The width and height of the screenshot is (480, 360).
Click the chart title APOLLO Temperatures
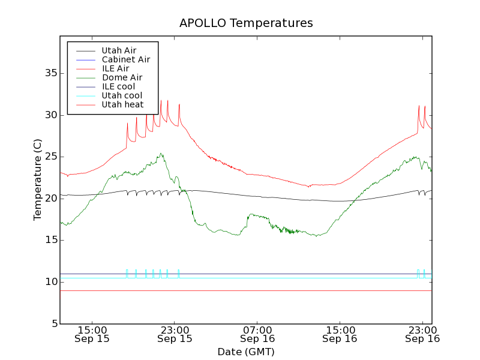click(x=246, y=23)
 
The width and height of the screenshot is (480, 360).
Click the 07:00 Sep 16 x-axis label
click(x=257, y=334)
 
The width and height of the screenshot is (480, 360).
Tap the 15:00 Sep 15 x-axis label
click(x=92, y=334)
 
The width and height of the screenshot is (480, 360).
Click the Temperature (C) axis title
click(x=38, y=179)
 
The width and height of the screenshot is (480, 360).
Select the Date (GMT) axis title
click(x=246, y=352)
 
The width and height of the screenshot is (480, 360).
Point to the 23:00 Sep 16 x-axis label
click(x=422, y=334)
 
